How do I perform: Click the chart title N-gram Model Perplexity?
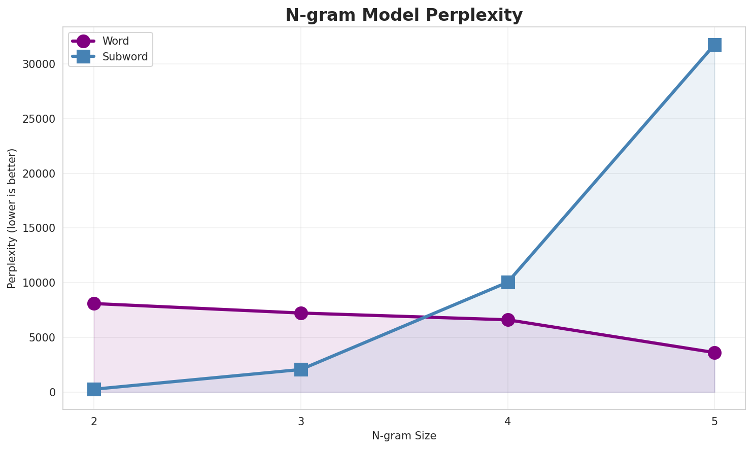point(403,15)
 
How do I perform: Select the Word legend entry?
point(115,41)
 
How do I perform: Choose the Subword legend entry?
point(125,57)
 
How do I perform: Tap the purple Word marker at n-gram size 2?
point(94,303)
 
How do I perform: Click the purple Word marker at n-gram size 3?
point(301,313)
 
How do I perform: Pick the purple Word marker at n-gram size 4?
point(508,320)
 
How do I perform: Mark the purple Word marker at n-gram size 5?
point(714,353)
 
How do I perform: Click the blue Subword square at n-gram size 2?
point(94,389)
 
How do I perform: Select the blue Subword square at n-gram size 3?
point(301,369)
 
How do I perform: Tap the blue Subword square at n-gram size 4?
point(508,282)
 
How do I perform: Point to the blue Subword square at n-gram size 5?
point(714,45)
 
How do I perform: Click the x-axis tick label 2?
point(94,422)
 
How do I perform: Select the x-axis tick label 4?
point(508,422)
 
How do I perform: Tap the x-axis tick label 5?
point(714,422)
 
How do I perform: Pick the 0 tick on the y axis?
point(52,392)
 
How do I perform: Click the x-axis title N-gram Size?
point(404,436)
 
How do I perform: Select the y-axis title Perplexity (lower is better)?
point(12,218)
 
